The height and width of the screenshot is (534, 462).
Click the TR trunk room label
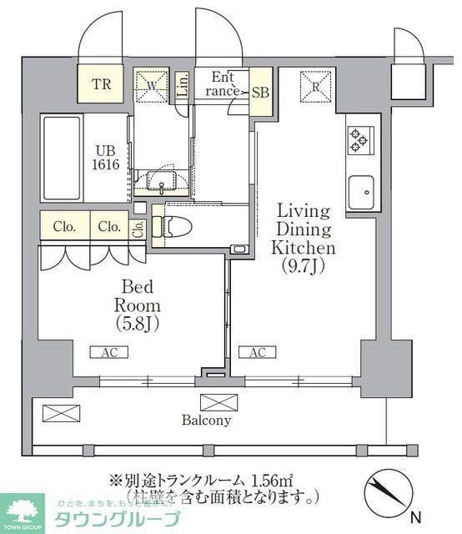pos(101,84)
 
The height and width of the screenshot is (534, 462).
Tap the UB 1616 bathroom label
pos(107,158)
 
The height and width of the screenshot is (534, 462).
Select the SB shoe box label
pos(259,92)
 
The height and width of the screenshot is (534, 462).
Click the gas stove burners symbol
pos(359,139)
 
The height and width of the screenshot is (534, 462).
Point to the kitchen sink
pos(361,194)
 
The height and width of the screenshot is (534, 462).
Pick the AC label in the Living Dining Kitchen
pos(257,353)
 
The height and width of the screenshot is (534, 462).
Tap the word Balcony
pos(206,421)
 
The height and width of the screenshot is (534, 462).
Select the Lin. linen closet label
pos(183,87)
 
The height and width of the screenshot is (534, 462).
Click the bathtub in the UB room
pos(61,157)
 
